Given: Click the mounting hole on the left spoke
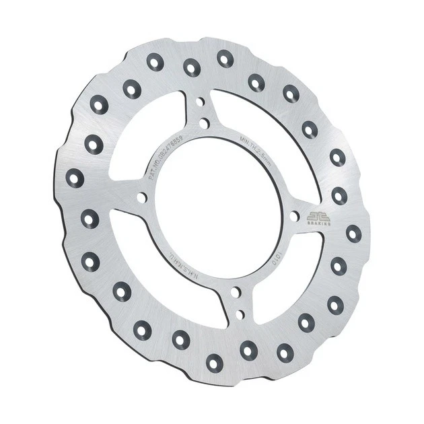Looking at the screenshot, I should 141,198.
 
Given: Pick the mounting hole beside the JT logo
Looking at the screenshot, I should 294,216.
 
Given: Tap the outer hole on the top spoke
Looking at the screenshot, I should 200,102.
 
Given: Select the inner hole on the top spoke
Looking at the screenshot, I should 203,123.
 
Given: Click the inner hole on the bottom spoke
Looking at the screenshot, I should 236,292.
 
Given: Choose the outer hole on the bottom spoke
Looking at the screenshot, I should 240,314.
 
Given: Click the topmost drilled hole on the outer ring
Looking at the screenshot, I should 224,59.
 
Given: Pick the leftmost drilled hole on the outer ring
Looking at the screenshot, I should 75,178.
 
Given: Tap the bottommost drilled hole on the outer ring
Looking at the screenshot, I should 214,363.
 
